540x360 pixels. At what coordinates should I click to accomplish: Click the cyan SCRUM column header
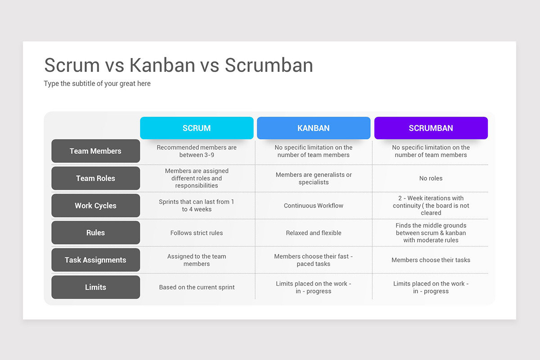[197, 128]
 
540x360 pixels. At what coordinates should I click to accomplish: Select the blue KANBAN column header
[313, 128]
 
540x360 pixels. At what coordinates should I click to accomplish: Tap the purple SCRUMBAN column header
[431, 128]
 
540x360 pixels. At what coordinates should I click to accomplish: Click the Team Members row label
[96, 151]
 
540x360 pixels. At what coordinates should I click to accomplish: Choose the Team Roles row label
[96, 178]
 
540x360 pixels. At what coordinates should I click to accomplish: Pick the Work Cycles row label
[96, 206]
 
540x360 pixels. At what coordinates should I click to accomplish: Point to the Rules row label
[96, 233]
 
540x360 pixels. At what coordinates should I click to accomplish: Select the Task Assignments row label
[96, 260]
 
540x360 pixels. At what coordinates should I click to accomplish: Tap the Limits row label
[96, 287]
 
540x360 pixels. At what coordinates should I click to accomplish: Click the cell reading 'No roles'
[431, 178]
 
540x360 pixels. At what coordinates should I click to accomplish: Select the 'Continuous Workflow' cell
[313, 206]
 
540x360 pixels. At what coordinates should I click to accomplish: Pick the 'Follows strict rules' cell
[197, 233]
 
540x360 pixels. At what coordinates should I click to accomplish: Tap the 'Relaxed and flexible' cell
[313, 233]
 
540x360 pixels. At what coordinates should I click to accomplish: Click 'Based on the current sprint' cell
[197, 287]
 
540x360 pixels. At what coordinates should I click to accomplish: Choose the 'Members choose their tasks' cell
[431, 260]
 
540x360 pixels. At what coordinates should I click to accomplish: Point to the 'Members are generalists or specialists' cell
[313, 178]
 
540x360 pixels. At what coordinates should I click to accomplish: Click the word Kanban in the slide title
[162, 65]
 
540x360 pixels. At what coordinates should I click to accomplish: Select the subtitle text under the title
[97, 83]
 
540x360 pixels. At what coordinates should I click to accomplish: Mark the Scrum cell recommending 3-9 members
[197, 151]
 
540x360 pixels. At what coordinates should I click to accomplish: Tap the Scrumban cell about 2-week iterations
[431, 206]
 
